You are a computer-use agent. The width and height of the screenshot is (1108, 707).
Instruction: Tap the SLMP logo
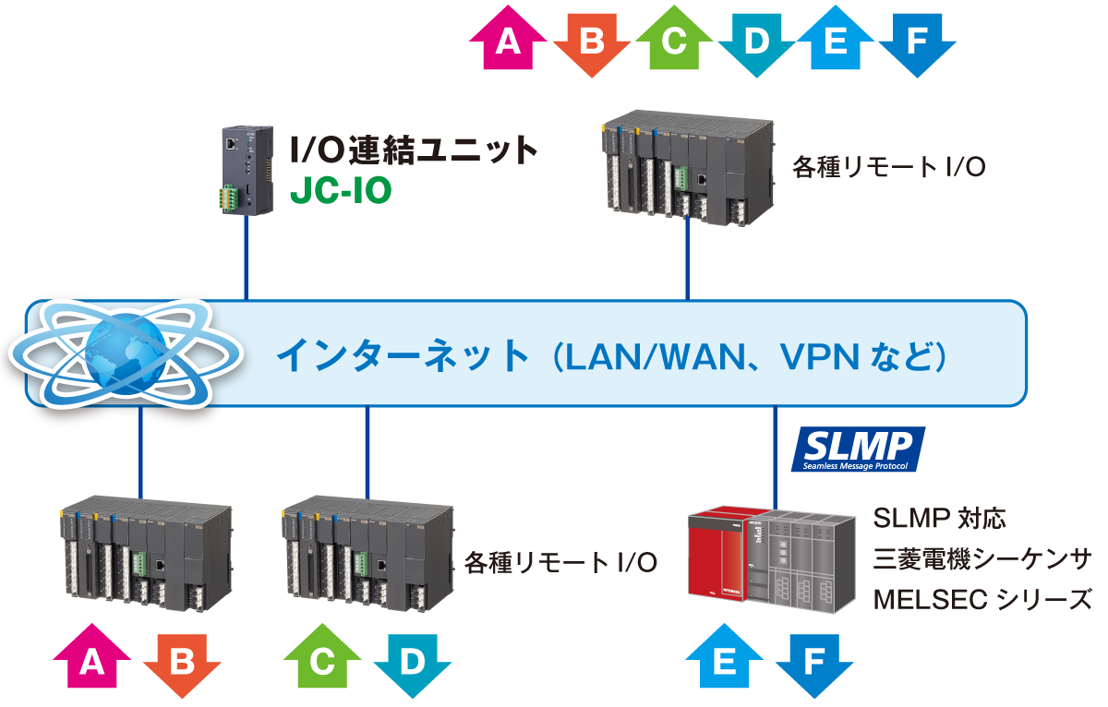coord(858,449)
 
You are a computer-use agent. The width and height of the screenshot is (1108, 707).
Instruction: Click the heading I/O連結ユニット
coord(413,149)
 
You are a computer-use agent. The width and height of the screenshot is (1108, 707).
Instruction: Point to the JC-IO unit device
coord(247,171)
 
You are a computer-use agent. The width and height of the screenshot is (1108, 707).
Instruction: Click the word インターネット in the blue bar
coord(402,355)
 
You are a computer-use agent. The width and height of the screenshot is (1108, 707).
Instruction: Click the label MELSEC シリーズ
coord(982,599)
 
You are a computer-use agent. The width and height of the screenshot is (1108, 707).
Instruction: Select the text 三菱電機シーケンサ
coord(982,558)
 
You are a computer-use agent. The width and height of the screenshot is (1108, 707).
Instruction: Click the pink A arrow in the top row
coord(507,42)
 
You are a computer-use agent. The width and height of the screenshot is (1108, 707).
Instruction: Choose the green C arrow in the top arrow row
coord(673,42)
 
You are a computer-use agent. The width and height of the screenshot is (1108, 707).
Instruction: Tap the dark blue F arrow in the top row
coord(917,42)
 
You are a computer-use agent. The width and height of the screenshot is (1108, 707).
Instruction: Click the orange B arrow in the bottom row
coord(182,662)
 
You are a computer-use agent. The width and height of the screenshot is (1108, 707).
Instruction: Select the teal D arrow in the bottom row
coord(411,662)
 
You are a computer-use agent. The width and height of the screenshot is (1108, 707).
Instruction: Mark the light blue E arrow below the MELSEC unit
coord(725,662)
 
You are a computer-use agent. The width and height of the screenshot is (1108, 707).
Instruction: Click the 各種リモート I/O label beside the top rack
coord(888,167)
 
